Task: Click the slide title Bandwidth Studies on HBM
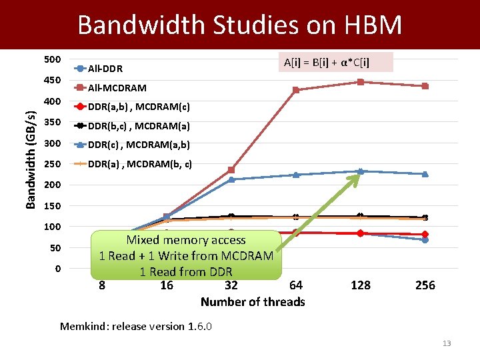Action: click(x=240, y=25)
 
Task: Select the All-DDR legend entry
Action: click(x=105, y=69)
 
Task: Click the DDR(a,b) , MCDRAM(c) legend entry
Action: click(x=139, y=107)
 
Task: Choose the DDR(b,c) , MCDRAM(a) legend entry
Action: click(x=139, y=125)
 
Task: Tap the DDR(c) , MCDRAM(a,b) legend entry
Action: click(x=139, y=145)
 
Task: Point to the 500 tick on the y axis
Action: click(x=52, y=60)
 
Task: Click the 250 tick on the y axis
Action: click(x=52, y=164)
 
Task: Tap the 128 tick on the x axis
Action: click(x=360, y=285)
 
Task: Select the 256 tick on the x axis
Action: click(x=425, y=285)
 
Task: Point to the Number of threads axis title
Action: click(x=253, y=302)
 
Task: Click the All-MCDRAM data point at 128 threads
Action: click(x=360, y=82)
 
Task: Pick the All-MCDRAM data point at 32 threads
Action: click(x=231, y=170)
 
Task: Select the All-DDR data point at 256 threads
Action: click(x=425, y=240)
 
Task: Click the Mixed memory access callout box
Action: click(x=186, y=255)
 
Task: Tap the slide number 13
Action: click(x=446, y=343)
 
